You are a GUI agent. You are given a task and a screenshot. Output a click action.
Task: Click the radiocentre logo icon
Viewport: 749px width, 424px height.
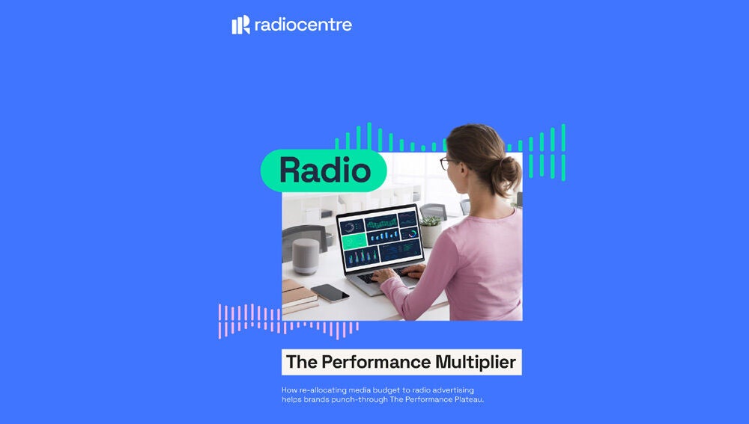tap(240, 25)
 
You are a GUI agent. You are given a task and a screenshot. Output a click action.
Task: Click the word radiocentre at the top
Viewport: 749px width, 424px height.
tap(303, 25)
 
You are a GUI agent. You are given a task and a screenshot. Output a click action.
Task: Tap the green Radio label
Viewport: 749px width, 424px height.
tap(324, 170)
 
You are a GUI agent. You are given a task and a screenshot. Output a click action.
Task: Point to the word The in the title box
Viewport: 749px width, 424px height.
tap(302, 363)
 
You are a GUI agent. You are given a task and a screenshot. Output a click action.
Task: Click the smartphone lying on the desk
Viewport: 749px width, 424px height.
tap(330, 292)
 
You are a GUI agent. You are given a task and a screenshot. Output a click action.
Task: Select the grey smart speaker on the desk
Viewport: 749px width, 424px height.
tap(304, 256)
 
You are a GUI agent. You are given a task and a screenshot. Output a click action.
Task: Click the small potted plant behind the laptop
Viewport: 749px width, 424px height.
tap(431, 230)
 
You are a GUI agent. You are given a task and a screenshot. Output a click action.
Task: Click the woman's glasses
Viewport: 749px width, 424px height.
tap(446, 162)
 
